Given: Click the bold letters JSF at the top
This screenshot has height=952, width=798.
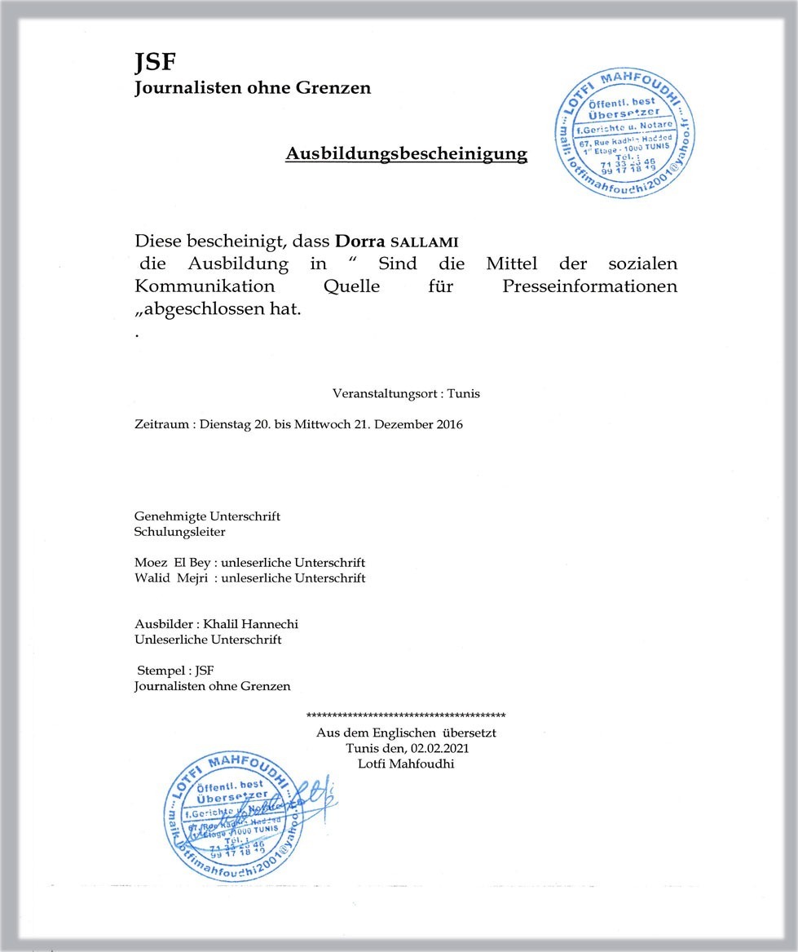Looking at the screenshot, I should click(x=155, y=63).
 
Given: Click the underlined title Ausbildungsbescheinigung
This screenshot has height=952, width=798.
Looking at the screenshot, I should click(x=406, y=154).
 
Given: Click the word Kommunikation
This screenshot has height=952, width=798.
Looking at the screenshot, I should click(x=204, y=287).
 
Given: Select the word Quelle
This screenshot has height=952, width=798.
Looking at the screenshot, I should click(x=351, y=287).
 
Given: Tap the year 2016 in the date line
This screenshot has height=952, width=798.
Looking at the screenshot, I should click(x=447, y=425).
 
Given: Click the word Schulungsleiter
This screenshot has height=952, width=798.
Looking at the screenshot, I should click(x=179, y=532).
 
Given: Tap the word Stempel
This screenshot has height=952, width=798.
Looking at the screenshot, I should click(x=160, y=671).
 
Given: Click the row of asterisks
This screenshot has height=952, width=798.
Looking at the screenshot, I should click(x=406, y=715).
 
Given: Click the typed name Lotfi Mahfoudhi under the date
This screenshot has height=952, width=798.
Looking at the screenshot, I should click(x=406, y=764).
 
